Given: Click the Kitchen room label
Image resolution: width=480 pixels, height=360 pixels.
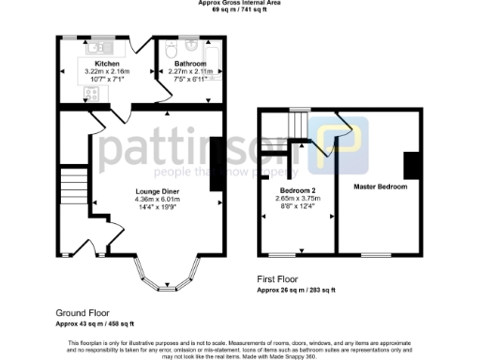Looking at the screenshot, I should (107, 64).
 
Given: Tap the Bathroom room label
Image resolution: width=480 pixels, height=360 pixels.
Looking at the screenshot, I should (189, 64).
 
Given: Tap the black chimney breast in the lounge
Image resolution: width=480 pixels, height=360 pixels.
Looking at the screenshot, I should (216, 164).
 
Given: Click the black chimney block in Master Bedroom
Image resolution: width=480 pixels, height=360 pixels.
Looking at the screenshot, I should (409, 165).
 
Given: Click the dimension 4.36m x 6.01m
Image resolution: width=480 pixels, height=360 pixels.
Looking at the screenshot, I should (157, 199).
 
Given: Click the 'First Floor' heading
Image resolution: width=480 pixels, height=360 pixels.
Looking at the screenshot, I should (279, 279).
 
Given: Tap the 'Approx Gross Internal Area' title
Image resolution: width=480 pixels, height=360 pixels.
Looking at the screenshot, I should (239, 3).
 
